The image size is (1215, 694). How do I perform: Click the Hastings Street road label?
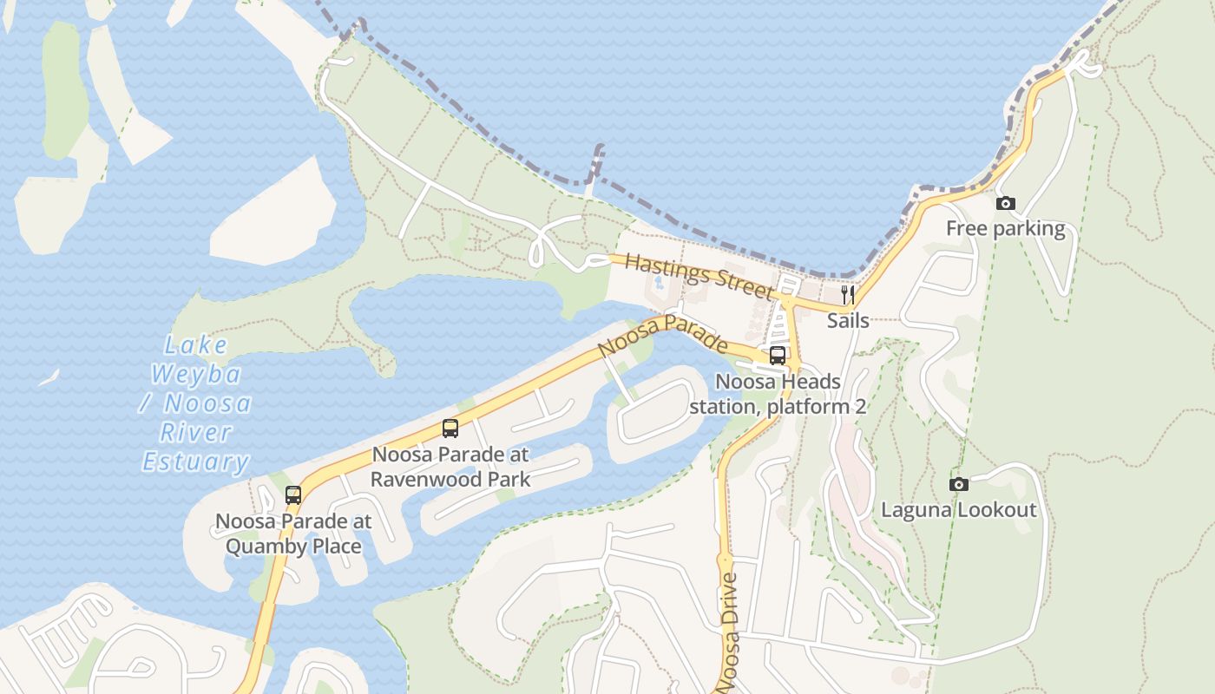(698, 275)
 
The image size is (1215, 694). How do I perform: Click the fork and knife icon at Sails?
(848, 295)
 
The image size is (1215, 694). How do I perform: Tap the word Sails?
(848, 320)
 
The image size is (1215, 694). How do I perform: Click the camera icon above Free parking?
(1006, 204)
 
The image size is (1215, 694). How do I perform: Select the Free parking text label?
(1005, 229)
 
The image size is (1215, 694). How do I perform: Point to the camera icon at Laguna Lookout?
(959, 484)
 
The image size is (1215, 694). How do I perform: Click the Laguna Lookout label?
(959, 509)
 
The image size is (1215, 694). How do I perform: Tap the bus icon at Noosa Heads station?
(778, 355)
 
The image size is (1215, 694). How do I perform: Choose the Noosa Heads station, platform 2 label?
(778, 394)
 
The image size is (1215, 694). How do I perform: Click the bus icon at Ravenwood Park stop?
(450, 428)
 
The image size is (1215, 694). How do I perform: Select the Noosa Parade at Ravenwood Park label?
(450, 466)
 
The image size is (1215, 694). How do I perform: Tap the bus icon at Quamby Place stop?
(293, 495)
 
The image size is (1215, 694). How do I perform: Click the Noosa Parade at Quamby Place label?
(293, 534)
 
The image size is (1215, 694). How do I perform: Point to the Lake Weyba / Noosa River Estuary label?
(196, 403)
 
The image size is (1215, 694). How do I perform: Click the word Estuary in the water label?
(196, 462)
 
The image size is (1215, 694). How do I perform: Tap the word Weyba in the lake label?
(196, 375)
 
